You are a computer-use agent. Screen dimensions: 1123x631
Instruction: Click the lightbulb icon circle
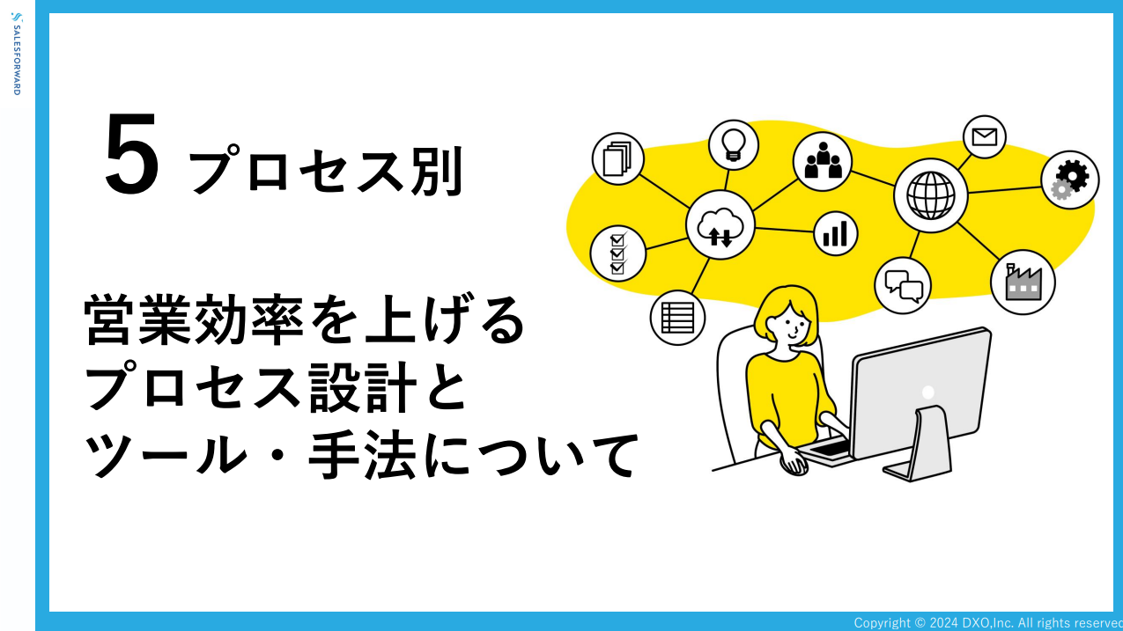(734, 145)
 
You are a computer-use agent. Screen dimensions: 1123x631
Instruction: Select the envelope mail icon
(984, 136)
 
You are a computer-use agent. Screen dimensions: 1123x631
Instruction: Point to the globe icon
(930, 195)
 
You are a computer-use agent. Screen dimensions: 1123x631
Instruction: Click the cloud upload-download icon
(720, 225)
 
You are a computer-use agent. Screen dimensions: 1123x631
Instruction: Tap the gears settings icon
(1070, 180)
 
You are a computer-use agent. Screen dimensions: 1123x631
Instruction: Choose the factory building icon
(1023, 282)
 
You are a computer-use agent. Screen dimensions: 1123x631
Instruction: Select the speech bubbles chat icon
(903, 286)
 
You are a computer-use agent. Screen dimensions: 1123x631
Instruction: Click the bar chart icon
(835, 233)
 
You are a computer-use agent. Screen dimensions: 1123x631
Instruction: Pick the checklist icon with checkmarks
(617, 253)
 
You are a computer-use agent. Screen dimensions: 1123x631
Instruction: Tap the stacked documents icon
(617, 158)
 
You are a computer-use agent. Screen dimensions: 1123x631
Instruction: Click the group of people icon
(822, 161)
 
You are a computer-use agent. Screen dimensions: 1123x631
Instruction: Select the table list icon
(677, 318)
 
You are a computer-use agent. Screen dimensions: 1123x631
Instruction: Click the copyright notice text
(988, 623)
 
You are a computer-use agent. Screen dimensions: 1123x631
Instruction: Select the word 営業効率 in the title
(194, 319)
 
